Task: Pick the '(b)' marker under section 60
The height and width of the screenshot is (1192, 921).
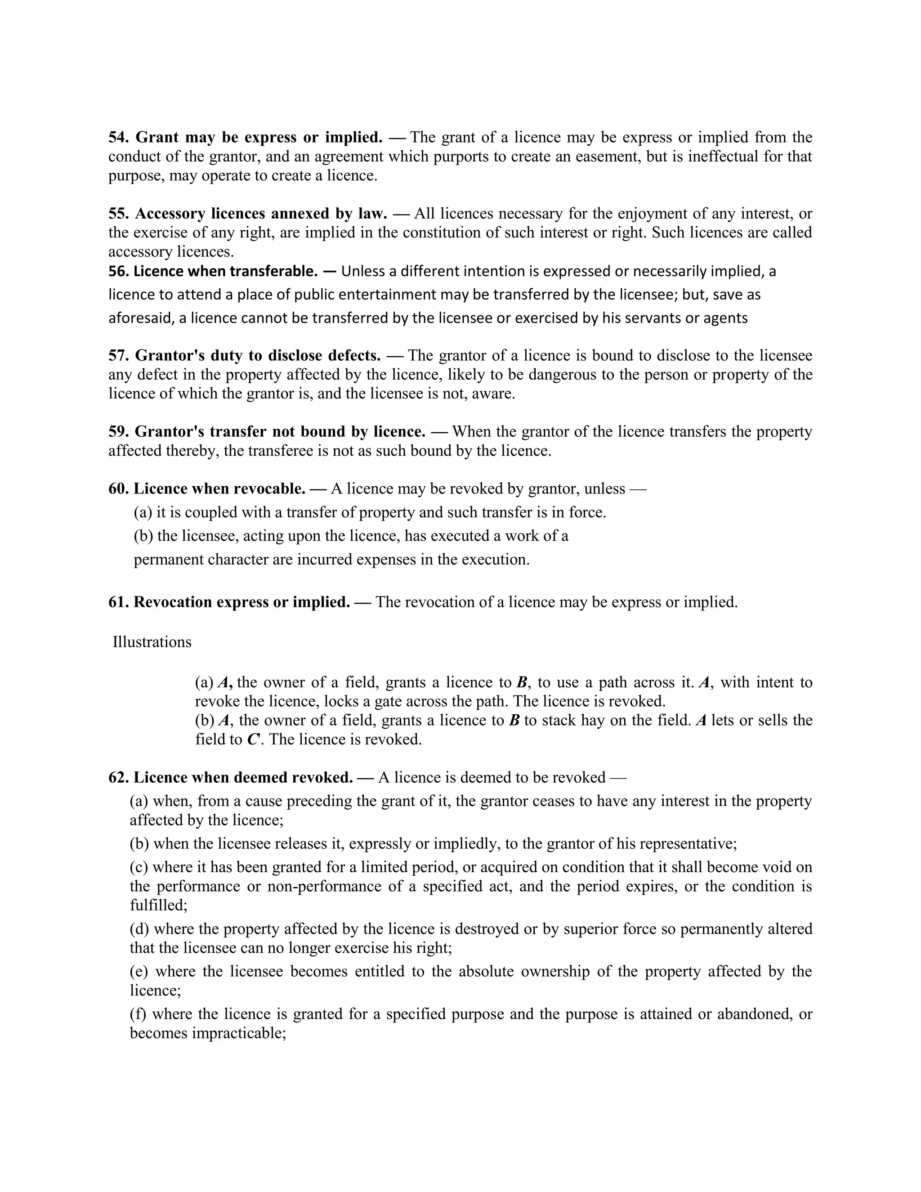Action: click(x=143, y=536)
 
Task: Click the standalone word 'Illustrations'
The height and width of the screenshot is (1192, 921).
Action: click(x=152, y=642)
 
